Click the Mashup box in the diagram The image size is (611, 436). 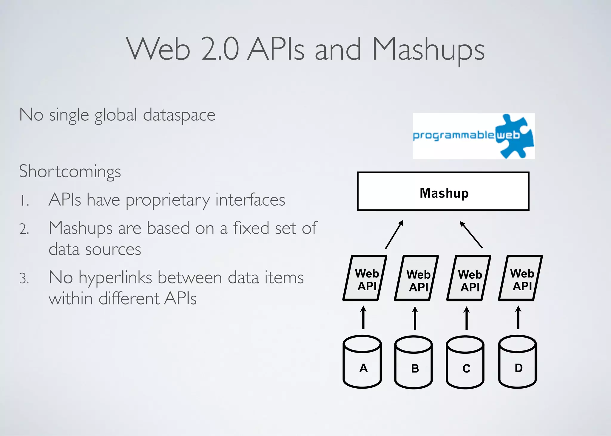point(443,191)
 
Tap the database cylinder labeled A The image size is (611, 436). point(362,362)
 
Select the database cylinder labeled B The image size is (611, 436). point(413,363)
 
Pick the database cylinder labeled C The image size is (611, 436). point(465,363)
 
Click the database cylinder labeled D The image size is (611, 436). point(517,362)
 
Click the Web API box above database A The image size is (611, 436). point(365,278)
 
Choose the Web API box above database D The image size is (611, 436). point(521,278)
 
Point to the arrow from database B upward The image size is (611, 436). point(415,318)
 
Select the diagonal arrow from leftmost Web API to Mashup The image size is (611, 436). point(394,235)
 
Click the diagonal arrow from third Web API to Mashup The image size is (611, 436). point(471,235)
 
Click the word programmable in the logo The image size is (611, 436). point(453,136)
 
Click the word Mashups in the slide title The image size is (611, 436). point(428,49)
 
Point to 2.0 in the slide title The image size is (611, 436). point(220,49)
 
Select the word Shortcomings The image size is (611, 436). point(70,172)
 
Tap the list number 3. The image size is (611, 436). point(24,278)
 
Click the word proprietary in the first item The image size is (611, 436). point(168,200)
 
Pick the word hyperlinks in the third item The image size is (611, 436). point(115,278)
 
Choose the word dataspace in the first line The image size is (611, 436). point(179,115)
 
